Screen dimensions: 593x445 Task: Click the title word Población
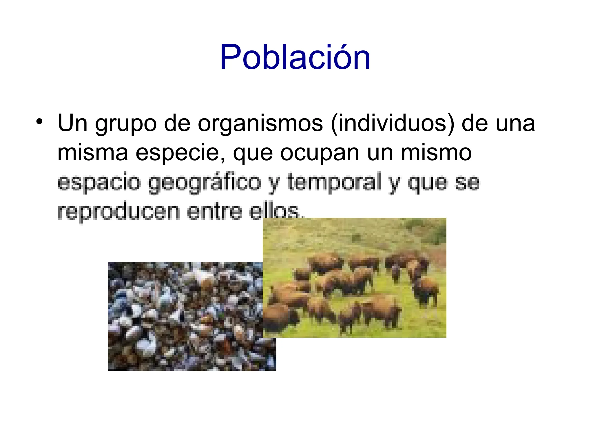click(x=295, y=57)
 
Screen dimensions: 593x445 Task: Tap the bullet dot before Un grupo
click(x=39, y=122)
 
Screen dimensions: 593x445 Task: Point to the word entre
click(x=214, y=211)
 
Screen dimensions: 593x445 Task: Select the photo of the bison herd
click(x=354, y=277)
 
